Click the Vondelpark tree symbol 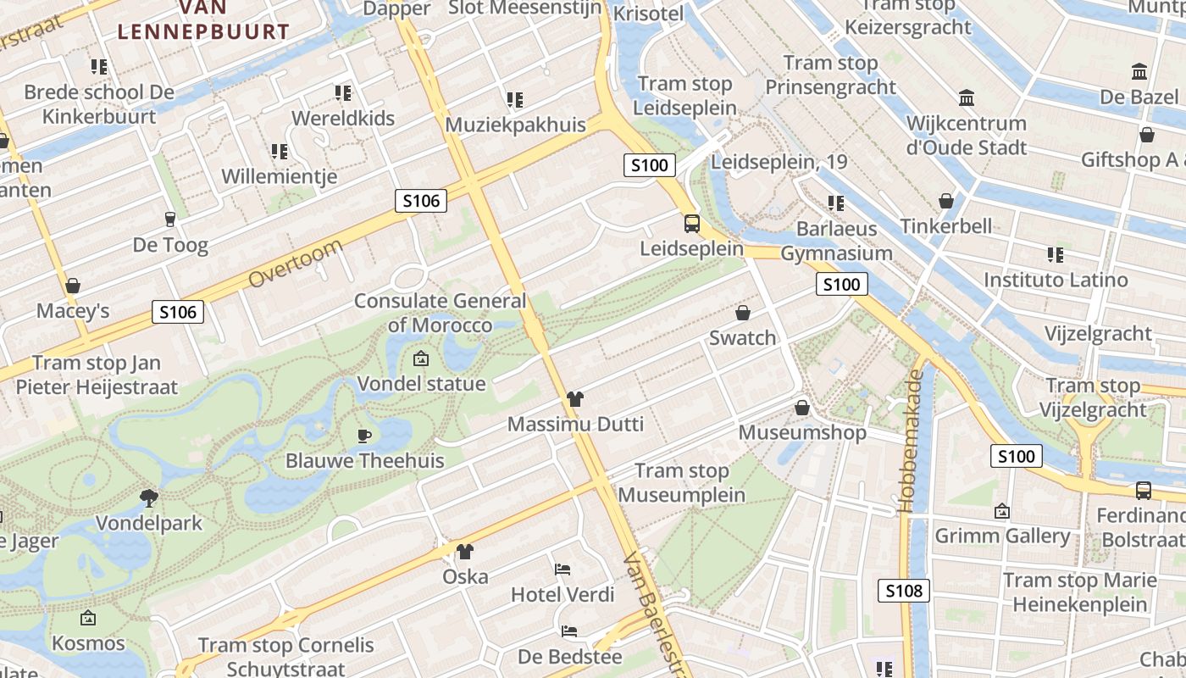tap(149, 497)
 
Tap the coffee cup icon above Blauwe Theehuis tap(364, 436)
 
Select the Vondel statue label tap(421, 383)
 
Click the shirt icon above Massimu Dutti tap(575, 398)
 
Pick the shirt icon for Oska tap(465, 552)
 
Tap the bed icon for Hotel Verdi tap(563, 569)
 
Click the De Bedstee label tap(569, 657)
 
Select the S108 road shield tap(904, 591)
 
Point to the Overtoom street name tap(296, 263)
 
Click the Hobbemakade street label tap(911, 441)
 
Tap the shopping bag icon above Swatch tap(743, 313)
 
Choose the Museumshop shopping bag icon tap(802, 408)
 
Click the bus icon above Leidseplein tap(692, 224)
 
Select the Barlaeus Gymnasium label tap(836, 241)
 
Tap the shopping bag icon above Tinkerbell tap(946, 201)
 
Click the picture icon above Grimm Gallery tap(1002, 511)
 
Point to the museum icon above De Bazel tap(1139, 72)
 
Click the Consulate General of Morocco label tap(440, 313)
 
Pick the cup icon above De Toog tap(170, 220)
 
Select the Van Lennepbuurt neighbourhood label tap(203, 20)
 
